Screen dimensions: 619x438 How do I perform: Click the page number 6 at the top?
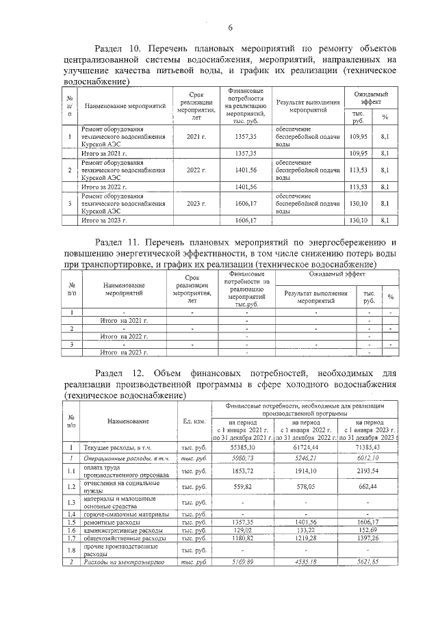(x=231, y=27)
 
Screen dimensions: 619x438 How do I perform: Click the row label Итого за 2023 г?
(x=105, y=220)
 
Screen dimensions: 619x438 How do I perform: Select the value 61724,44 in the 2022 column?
(x=310, y=445)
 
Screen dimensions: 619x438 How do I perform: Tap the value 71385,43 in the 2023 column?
(x=371, y=445)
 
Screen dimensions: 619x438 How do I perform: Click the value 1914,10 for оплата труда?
(x=310, y=471)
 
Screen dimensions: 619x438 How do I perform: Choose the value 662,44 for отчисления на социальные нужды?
(x=371, y=486)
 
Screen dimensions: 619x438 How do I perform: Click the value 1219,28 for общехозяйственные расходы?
(x=310, y=539)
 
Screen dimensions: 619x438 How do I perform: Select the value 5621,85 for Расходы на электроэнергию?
(x=371, y=562)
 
